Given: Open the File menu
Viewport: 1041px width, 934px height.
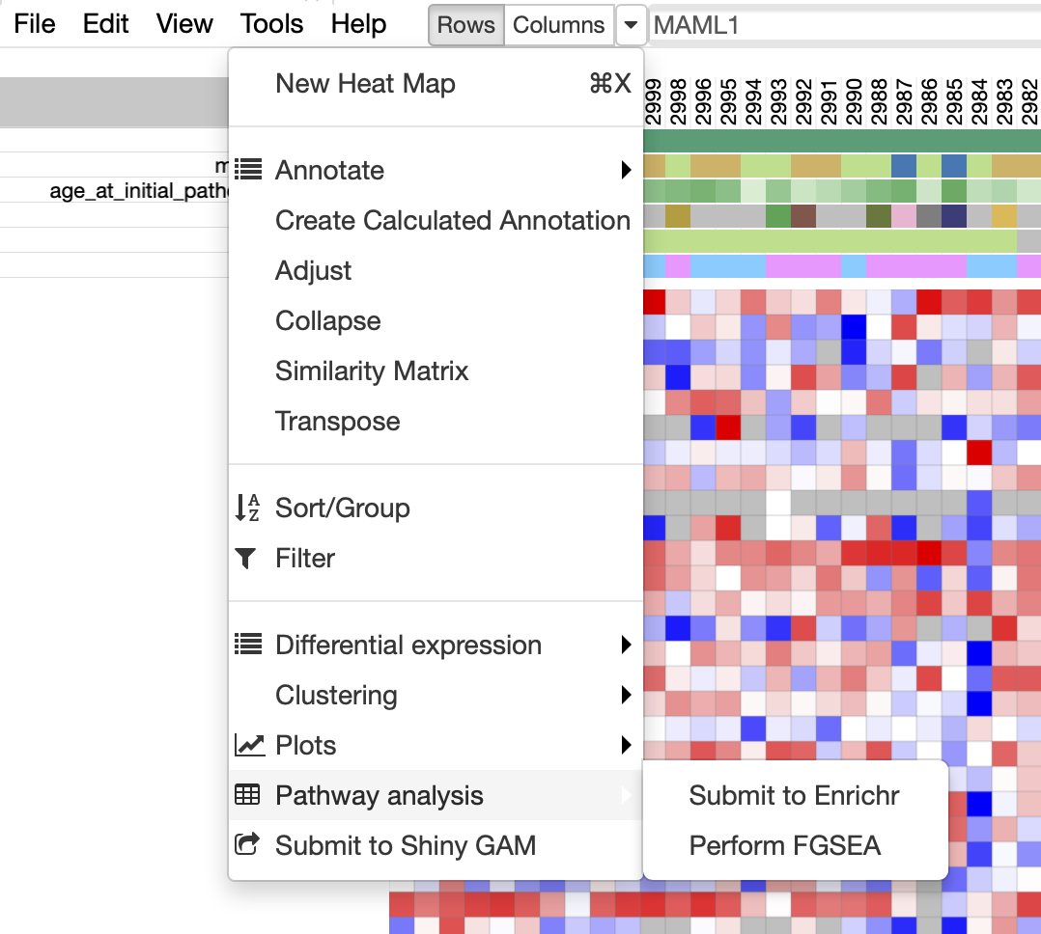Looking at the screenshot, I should point(35,24).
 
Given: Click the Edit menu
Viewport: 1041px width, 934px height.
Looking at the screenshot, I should point(105,24).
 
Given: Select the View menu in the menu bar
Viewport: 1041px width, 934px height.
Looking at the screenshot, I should point(184,24).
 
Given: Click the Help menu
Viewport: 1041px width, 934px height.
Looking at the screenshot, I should point(358,24).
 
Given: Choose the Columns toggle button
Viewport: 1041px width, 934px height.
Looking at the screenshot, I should point(559,26).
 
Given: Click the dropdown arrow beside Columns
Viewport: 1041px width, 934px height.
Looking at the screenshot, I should point(630,26).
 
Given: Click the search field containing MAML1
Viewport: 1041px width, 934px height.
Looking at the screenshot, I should point(840,26).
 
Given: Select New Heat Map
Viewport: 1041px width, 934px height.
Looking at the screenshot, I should point(365,84).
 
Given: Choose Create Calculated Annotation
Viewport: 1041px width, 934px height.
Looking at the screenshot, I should point(452,221).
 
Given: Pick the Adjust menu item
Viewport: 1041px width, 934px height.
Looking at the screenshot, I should point(314,271).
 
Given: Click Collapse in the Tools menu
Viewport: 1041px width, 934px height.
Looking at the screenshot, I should point(327,321).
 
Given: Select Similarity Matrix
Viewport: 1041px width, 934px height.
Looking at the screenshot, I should point(372,371).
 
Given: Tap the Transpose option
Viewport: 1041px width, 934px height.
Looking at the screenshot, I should point(337,422).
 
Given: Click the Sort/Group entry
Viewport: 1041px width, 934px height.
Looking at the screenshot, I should point(342,508).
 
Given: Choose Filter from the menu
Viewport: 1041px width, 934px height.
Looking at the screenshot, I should point(305,559).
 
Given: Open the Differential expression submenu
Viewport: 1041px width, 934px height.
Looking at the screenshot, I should point(408,646).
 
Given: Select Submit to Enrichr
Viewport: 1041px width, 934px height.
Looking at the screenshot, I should point(794,796).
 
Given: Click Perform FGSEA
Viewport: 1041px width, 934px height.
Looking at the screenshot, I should point(785,846).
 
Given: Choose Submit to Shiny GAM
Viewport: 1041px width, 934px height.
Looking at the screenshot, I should point(405,846).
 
